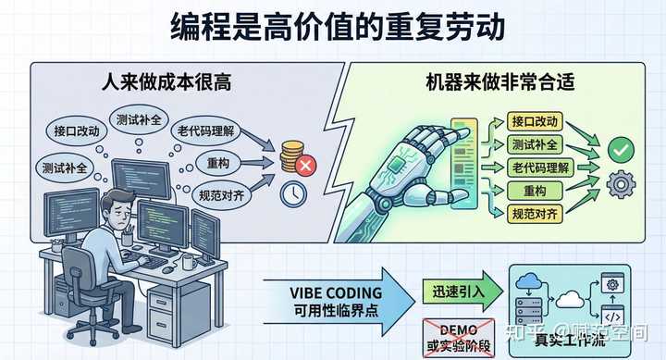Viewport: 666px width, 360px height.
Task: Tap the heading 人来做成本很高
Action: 167,82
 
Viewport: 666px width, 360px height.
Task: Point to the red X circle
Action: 306,167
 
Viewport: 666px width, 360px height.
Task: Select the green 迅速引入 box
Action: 454,292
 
